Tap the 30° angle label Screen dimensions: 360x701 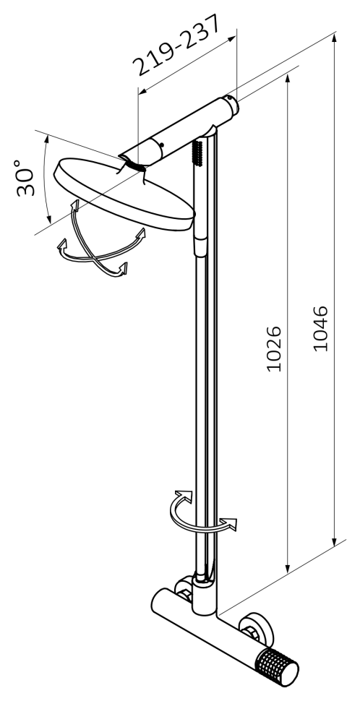25,178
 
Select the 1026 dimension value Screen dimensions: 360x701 274,349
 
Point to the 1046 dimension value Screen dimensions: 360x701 320,329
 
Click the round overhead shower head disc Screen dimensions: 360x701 124,194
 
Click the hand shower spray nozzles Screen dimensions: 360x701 199,151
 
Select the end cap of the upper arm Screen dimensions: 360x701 232,105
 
